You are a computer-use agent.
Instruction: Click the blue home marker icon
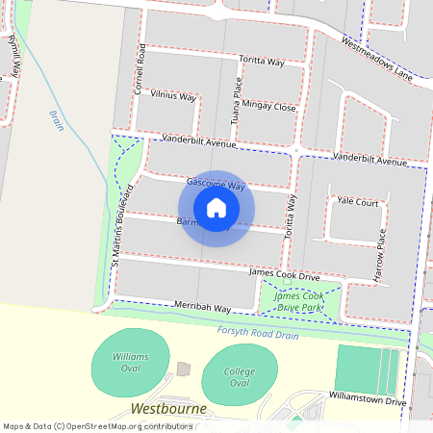216,207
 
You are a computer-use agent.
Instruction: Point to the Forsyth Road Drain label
258,334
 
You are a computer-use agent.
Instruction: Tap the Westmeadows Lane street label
377,58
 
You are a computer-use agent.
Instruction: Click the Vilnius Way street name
172,98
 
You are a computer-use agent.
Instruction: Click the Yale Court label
357,202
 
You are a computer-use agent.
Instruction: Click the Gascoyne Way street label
216,183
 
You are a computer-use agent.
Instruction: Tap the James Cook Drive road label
284,276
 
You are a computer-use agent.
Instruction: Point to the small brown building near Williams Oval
184,369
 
